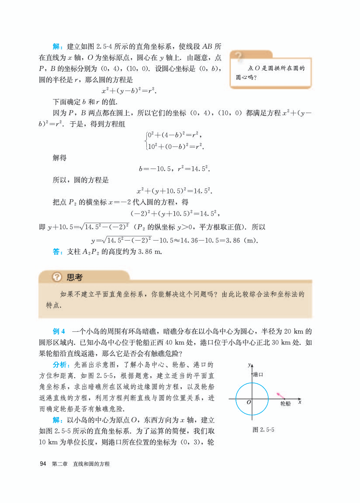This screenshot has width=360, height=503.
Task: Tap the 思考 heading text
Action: coord(74,277)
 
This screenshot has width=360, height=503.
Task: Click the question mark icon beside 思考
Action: coord(57,277)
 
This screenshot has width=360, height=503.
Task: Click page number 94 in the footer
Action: coord(43,464)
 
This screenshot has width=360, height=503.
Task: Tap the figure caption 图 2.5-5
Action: coord(263,430)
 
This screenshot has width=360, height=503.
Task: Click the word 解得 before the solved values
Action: coord(59,158)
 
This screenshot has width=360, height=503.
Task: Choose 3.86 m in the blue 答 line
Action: coord(145,251)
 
